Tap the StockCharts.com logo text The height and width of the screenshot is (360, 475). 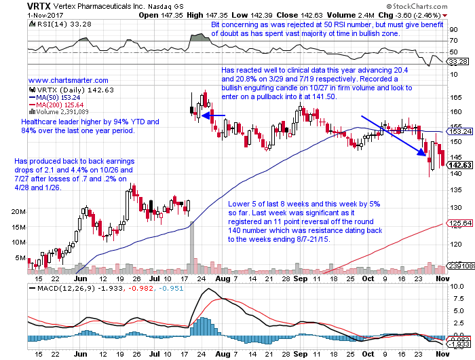(442, 5)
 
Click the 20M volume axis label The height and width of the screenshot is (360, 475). (18, 212)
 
